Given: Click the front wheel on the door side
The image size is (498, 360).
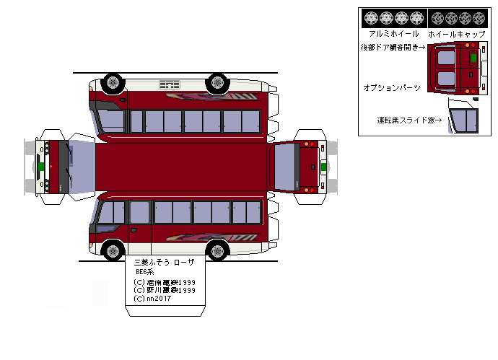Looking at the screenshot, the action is click(x=112, y=251).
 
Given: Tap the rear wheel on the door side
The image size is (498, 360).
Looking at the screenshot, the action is click(x=217, y=251).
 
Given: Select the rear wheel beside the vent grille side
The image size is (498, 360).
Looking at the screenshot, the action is click(x=217, y=82).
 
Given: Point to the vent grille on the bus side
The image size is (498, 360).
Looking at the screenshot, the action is click(x=170, y=86).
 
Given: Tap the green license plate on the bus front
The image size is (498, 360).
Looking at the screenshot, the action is click(x=42, y=166).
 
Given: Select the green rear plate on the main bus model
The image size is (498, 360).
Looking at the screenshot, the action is click(x=324, y=166).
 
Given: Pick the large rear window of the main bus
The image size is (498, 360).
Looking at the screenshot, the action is click(x=284, y=166).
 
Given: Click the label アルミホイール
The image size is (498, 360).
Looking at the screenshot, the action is click(x=393, y=34).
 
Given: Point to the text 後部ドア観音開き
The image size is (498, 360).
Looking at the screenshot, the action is click(x=393, y=47).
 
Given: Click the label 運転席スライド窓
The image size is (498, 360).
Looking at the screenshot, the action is click(x=409, y=119).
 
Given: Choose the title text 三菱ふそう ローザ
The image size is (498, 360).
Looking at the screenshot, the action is click(x=165, y=262).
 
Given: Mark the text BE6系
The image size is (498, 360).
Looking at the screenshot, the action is click(x=146, y=272).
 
